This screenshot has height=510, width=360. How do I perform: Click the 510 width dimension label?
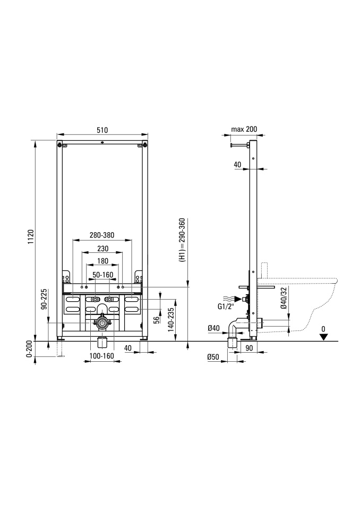[102, 130]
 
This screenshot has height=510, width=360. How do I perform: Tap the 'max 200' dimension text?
[244, 129]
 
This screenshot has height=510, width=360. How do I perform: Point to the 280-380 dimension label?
[102, 235]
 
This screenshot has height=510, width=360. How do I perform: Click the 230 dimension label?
[102, 249]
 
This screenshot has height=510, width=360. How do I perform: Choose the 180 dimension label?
[102, 261]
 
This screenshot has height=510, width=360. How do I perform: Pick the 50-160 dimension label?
[103, 275]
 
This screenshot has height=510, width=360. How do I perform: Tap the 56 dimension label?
[157, 320]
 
